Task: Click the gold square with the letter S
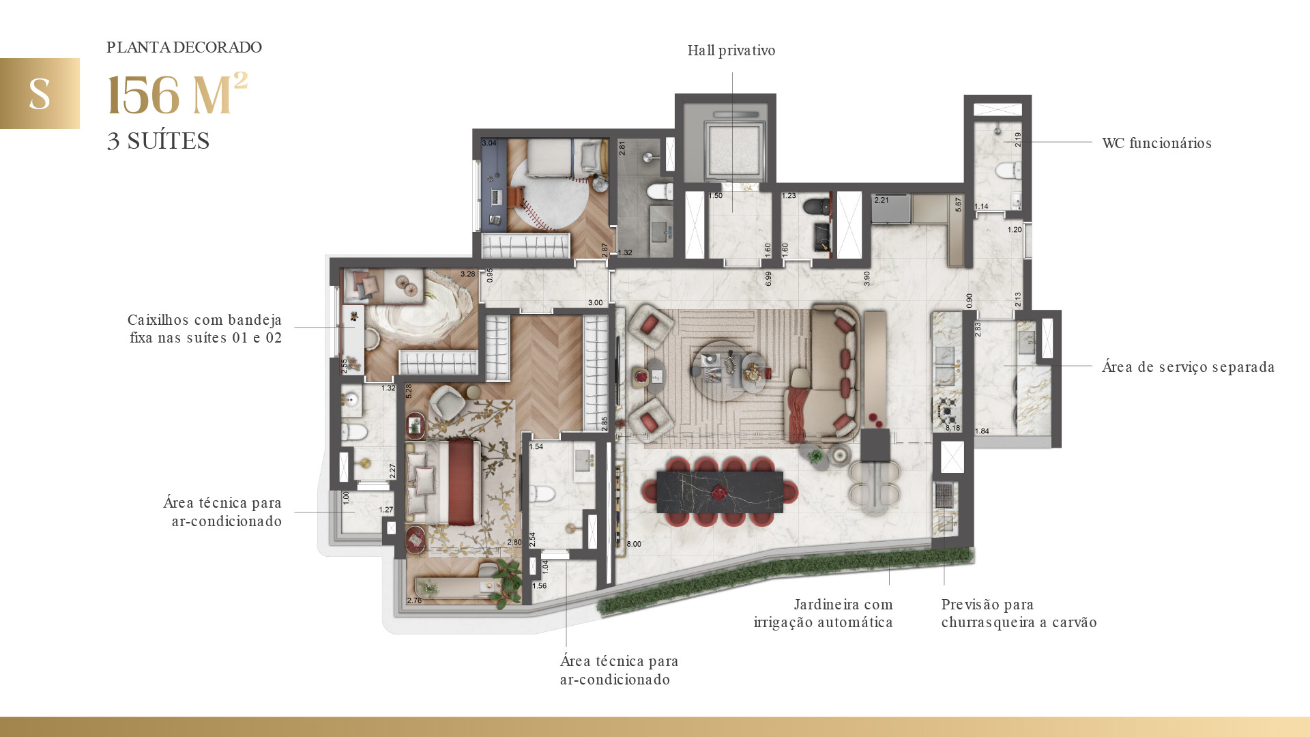(x=40, y=93)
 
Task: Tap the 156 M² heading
(x=177, y=96)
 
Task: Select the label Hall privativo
(x=731, y=50)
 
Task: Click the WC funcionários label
(x=1156, y=143)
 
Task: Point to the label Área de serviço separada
(x=1188, y=367)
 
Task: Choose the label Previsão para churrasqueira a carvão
(x=1018, y=613)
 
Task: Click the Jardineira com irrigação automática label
(x=824, y=613)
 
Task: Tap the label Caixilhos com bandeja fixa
(x=205, y=329)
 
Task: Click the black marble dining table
(x=719, y=491)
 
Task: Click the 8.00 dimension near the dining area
(x=634, y=544)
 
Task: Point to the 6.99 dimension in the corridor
(x=768, y=278)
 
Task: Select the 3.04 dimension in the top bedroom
(x=489, y=143)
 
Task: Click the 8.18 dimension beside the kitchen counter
(x=952, y=428)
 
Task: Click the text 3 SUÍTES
(x=158, y=141)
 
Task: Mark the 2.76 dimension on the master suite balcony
(x=414, y=601)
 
